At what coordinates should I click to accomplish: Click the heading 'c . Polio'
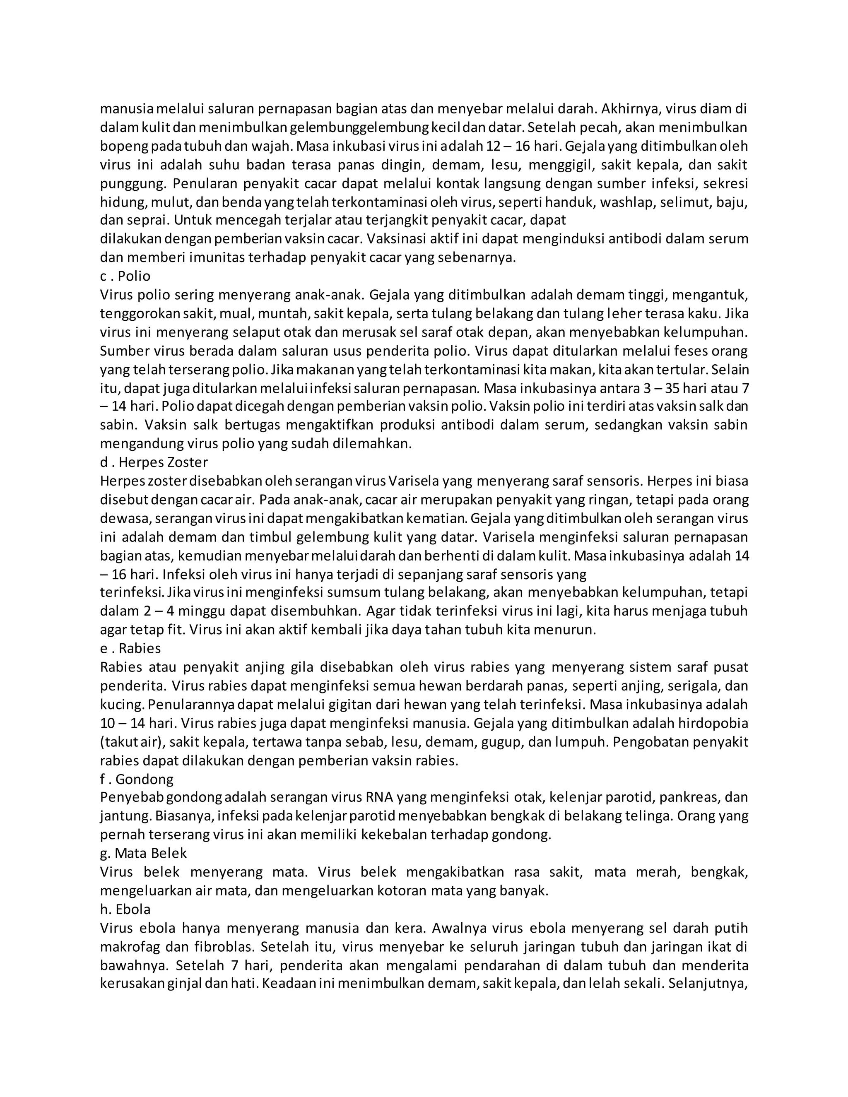(x=125, y=276)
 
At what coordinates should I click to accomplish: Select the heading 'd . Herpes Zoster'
(x=154, y=462)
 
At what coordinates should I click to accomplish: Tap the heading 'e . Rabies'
(x=130, y=648)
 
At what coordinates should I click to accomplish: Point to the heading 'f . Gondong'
(x=137, y=779)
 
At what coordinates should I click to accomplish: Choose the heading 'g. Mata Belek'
(x=143, y=854)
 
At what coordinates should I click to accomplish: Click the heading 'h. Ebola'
(x=125, y=909)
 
